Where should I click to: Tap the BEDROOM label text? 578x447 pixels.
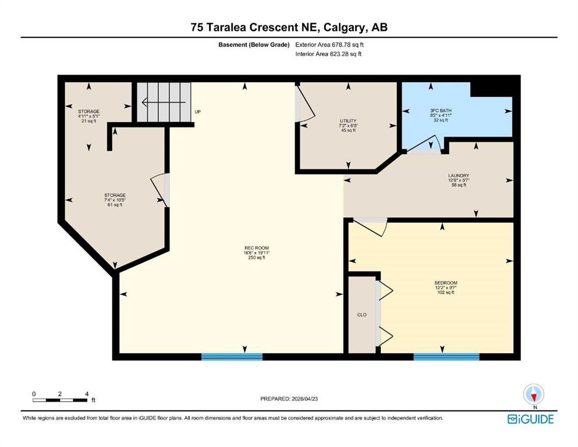(446, 283)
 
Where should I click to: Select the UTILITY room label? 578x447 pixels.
(348, 120)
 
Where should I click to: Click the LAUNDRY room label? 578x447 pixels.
(459, 175)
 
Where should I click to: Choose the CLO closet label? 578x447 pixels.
(361, 314)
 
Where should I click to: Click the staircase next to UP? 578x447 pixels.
(164, 102)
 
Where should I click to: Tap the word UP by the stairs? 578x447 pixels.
(198, 112)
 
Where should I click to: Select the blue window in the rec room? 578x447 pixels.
(232, 356)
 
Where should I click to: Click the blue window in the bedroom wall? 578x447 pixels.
(446, 356)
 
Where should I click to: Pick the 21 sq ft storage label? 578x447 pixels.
(89, 111)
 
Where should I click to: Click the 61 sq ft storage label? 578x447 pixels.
(115, 195)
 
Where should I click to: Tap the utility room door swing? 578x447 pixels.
(304, 105)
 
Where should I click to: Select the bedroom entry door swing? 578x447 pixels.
(371, 226)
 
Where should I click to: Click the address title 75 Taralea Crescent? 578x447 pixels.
(289, 27)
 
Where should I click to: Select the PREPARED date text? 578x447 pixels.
(289, 399)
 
